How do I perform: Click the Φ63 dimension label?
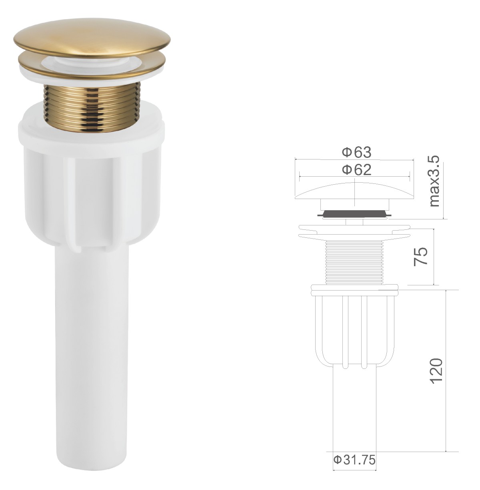point(356,152)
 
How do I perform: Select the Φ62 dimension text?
point(356,170)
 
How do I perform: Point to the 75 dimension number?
point(420,256)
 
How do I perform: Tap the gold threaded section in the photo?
point(92,107)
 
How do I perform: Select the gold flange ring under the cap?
point(92,66)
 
